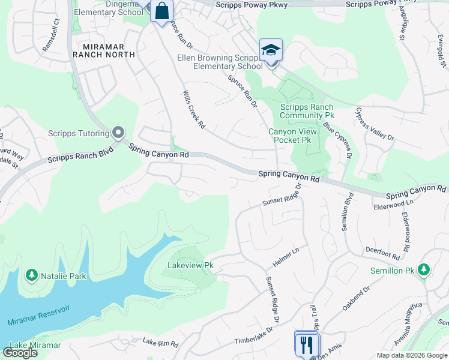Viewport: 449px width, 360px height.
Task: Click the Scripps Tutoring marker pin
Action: (x=118, y=132)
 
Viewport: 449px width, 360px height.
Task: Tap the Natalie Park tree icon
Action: (x=31, y=275)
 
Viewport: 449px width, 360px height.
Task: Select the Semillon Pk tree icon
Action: (x=424, y=270)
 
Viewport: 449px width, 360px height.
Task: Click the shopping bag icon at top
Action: (x=161, y=11)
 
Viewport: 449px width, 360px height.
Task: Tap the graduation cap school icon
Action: (x=271, y=50)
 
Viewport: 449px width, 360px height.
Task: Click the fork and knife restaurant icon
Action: (x=307, y=344)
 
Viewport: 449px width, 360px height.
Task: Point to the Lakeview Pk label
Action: (x=190, y=265)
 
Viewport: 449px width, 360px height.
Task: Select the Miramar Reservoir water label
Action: (x=39, y=315)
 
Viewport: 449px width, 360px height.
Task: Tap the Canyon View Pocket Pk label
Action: (x=289, y=136)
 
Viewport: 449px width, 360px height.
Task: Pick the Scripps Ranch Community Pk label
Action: (x=307, y=111)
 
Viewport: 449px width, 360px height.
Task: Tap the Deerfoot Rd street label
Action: (x=382, y=252)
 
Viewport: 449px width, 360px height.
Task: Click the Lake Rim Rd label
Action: (x=160, y=344)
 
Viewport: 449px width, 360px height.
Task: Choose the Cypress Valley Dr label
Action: (x=375, y=125)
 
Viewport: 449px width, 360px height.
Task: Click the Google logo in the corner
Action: (x=20, y=353)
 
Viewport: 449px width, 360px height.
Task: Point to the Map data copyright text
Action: (x=412, y=355)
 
